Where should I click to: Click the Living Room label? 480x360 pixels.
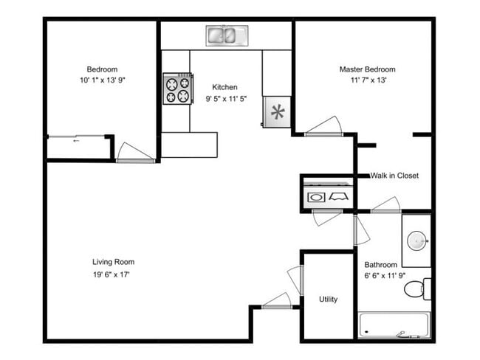pos(113,262)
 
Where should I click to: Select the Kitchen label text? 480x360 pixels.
pos(224,87)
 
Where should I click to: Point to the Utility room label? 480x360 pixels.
pos(329,299)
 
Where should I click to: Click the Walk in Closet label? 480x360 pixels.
pos(394,176)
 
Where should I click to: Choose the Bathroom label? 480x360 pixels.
pos(381,265)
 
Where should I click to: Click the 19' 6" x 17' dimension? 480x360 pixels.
pos(113,274)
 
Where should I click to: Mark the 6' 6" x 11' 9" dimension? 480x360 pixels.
pos(381,276)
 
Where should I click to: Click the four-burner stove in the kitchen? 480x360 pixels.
pos(177,89)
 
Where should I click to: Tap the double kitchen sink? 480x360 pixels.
pos(227,35)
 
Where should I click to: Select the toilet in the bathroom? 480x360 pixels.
pos(418,288)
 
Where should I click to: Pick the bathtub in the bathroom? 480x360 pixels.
pos(394,325)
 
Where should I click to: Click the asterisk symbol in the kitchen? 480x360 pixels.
pos(278,113)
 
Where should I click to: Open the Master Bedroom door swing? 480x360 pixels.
pos(323,127)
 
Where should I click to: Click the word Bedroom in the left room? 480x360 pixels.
pos(103,69)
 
